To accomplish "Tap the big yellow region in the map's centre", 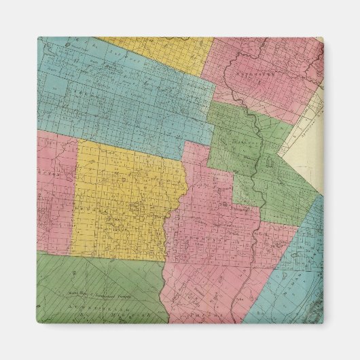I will pyautogui.click(x=129, y=204).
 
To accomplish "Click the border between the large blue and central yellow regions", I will pyautogui.click(x=129, y=141).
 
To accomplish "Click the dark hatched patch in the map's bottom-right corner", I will pyautogui.click(x=314, y=314).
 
